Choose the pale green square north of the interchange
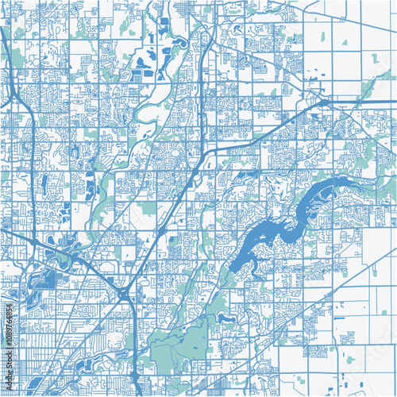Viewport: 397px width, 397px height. point(147,209)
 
